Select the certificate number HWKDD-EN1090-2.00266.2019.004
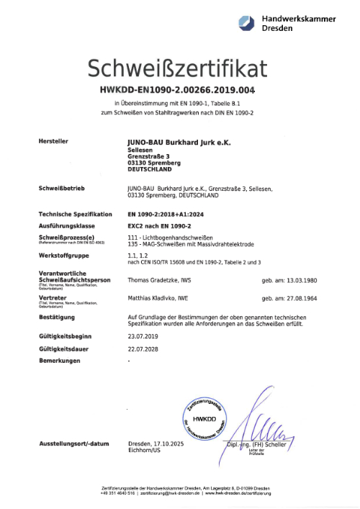coord(178,91)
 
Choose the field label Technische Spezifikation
coord(76,215)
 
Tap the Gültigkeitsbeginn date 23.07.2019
coord(142,335)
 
